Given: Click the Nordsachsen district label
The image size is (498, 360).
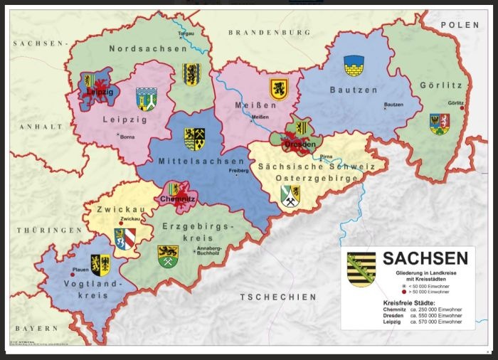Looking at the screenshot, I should (x=148, y=48).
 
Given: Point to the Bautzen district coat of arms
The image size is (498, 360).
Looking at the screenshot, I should (x=354, y=66).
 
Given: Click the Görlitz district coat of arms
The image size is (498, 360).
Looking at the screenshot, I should (x=439, y=124).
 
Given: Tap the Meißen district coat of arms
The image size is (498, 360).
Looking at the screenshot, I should (x=279, y=89).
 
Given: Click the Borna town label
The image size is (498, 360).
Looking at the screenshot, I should (x=127, y=136).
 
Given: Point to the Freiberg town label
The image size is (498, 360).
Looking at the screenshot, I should (x=238, y=171).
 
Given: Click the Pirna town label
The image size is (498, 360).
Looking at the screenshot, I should (x=327, y=155).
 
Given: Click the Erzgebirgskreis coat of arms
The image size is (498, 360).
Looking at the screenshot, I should (x=168, y=256).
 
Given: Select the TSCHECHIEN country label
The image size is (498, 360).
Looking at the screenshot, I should (x=277, y=297).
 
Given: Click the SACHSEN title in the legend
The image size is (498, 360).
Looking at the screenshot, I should (x=425, y=258).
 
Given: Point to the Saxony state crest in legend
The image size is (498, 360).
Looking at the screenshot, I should (x=361, y=269).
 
